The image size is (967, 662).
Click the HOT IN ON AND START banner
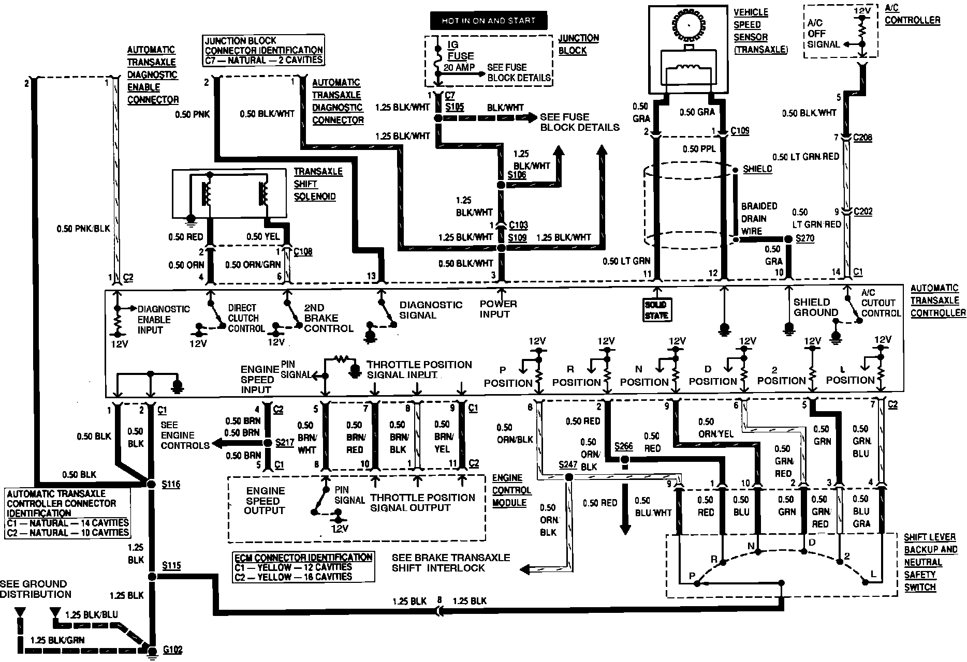click(x=489, y=21)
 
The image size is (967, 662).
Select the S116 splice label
click(x=171, y=485)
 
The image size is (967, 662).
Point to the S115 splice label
click(x=171, y=566)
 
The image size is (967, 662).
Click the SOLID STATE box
click(x=656, y=310)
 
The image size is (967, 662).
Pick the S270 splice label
click(x=805, y=238)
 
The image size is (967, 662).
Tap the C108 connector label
click(x=303, y=252)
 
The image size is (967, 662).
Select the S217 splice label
click(x=285, y=443)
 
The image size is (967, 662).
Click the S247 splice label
click(x=568, y=464)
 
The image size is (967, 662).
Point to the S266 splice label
click(x=623, y=446)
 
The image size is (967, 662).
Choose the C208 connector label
click(x=862, y=138)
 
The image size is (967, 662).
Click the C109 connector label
click(x=740, y=131)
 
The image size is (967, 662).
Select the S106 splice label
click(x=517, y=175)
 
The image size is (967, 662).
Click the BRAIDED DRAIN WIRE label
click(x=759, y=219)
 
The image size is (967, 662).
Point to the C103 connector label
click(x=518, y=225)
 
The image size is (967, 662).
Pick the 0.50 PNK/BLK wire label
click(x=84, y=228)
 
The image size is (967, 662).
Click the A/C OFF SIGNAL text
click(x=823, y=34)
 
